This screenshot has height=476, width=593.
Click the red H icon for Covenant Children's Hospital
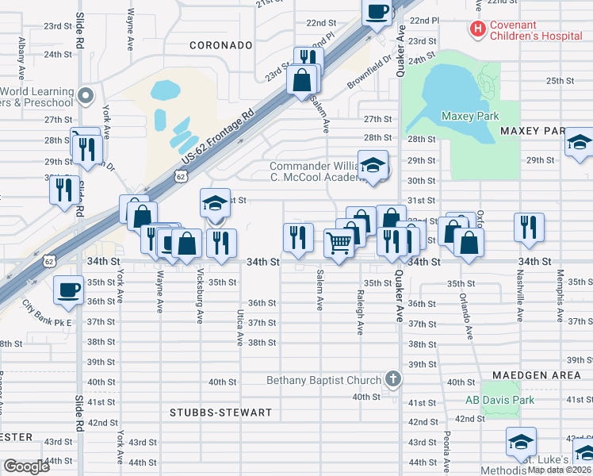[477, 29]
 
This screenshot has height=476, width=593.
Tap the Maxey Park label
[470, 116]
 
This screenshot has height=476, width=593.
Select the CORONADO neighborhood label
[220, 46]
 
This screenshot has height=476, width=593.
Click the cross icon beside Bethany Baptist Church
[392, 380]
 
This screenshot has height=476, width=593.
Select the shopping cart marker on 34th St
[339, 242]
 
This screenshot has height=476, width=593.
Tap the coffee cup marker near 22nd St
[377, 11]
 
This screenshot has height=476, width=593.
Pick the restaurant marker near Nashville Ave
[528, 226]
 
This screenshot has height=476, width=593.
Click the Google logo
[26, 466]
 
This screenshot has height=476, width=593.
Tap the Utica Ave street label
[239, 328]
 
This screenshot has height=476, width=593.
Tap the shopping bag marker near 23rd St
[302, 80]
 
